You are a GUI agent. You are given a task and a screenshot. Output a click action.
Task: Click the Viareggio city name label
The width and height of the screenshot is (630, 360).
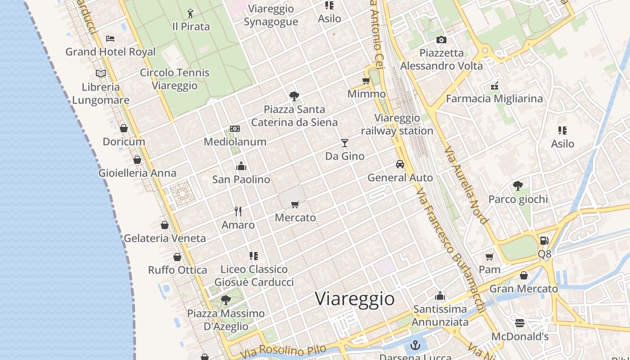coord(355,299)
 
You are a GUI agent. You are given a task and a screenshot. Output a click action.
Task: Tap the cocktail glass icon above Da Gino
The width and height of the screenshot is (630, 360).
coord(345,143)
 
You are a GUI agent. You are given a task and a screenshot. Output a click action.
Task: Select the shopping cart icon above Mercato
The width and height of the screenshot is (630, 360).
coord(295,205)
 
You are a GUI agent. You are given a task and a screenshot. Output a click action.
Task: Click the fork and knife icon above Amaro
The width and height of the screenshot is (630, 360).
coord(238,211)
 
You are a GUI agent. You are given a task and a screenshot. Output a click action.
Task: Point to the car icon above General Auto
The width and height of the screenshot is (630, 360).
coord(400,164)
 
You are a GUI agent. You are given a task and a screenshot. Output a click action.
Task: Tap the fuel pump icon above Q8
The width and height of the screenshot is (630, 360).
coord(544,241)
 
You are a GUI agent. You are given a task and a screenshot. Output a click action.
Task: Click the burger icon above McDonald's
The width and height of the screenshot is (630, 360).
coord(520,323)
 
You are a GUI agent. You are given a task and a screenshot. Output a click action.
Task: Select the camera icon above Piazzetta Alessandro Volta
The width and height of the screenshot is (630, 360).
coord(441,40)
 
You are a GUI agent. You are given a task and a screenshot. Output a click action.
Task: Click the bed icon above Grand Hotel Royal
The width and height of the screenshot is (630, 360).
coord(110,39)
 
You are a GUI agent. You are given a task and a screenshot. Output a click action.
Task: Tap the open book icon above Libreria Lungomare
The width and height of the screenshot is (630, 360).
coord(101,73)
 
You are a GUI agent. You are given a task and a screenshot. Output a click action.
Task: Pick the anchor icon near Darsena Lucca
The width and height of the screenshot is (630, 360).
coord(416,346)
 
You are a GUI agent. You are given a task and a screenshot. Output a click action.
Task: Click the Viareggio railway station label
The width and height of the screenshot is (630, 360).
coord(397,125)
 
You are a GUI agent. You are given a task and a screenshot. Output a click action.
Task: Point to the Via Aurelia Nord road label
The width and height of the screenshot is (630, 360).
coord(466,185)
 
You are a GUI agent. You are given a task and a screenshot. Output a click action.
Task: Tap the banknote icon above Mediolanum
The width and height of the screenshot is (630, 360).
coord(235,129)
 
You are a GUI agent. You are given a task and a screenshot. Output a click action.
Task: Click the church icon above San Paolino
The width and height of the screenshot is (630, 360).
coord(241,166)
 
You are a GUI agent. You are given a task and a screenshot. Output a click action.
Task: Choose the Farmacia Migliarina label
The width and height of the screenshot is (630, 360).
coord(494,99)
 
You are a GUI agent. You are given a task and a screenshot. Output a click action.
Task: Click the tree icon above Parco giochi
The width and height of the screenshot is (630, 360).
coord(518,185)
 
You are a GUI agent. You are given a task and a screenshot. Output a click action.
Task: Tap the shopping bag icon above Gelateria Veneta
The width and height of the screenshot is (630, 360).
coord(165,225)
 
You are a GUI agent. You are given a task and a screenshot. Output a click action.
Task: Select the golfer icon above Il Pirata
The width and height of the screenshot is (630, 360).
coord(191,13)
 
